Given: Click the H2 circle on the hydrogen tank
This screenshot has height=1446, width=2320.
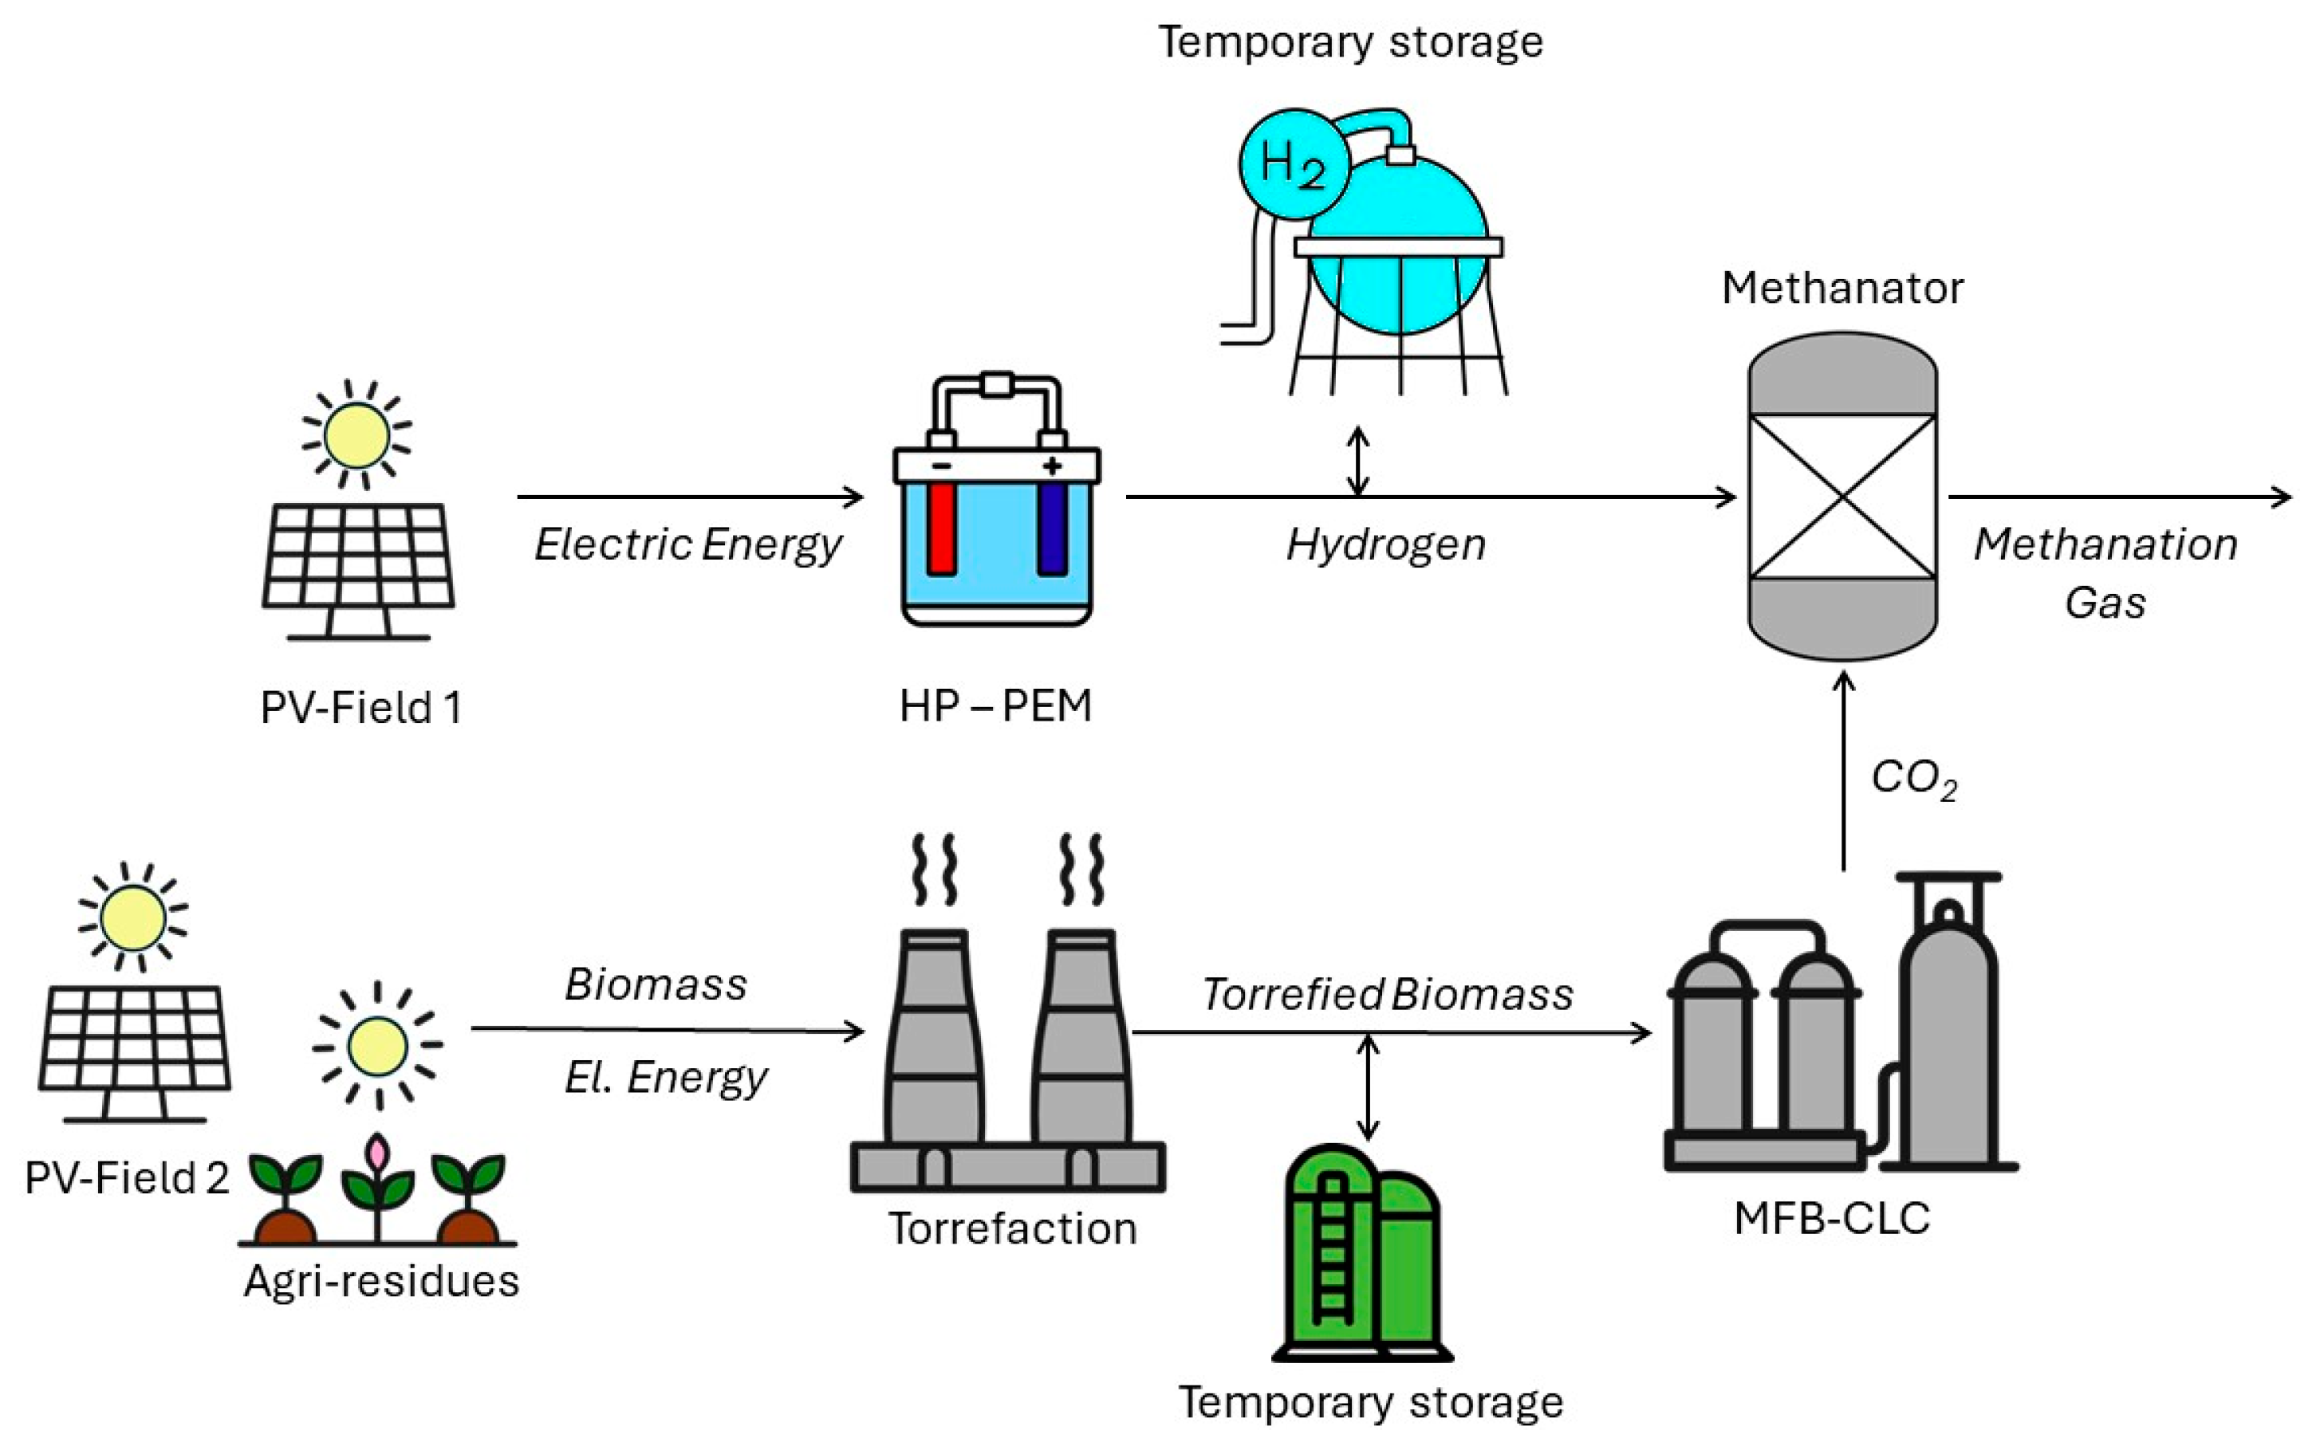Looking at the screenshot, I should pyautogui.click(x=1294, y=164).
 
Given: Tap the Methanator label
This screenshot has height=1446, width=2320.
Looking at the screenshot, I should pyautogui.click(x=1841, y=288).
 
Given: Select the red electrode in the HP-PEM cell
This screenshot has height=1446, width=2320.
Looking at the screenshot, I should pyautogui.click(x=940, y=527).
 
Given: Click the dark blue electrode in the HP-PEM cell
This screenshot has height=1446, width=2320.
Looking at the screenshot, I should pyautogui.click(x=1053, y=527).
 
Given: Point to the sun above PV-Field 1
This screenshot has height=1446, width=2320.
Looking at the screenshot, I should pyautogui.click(x=356, y=435).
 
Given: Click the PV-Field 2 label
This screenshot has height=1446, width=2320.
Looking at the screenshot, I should pyautogui.click(x=128, y=1178).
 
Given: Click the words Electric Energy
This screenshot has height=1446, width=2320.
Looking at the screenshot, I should pyautogui.click(x=687, y=545).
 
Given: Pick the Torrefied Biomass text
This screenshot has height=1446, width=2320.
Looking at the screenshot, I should pyautogui.click(x=1387, y=995).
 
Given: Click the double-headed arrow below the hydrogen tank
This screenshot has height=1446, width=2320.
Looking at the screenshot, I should pyautogui.click(x=1357, y=461).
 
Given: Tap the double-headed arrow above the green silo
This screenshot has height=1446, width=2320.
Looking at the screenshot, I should pyautogui.click(x=1368, y=1087).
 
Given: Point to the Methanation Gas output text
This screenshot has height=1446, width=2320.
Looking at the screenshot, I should pyautogui.click(x=2105, y=572).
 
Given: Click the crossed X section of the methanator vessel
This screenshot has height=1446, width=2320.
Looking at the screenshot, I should pyautogui.click(x=1841, y=497).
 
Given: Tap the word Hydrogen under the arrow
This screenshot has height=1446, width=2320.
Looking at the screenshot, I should pyautogui.click(x=1385, y=545).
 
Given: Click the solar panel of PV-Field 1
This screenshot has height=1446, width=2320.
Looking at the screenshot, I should pyautogui.click(x=359, y=556).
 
